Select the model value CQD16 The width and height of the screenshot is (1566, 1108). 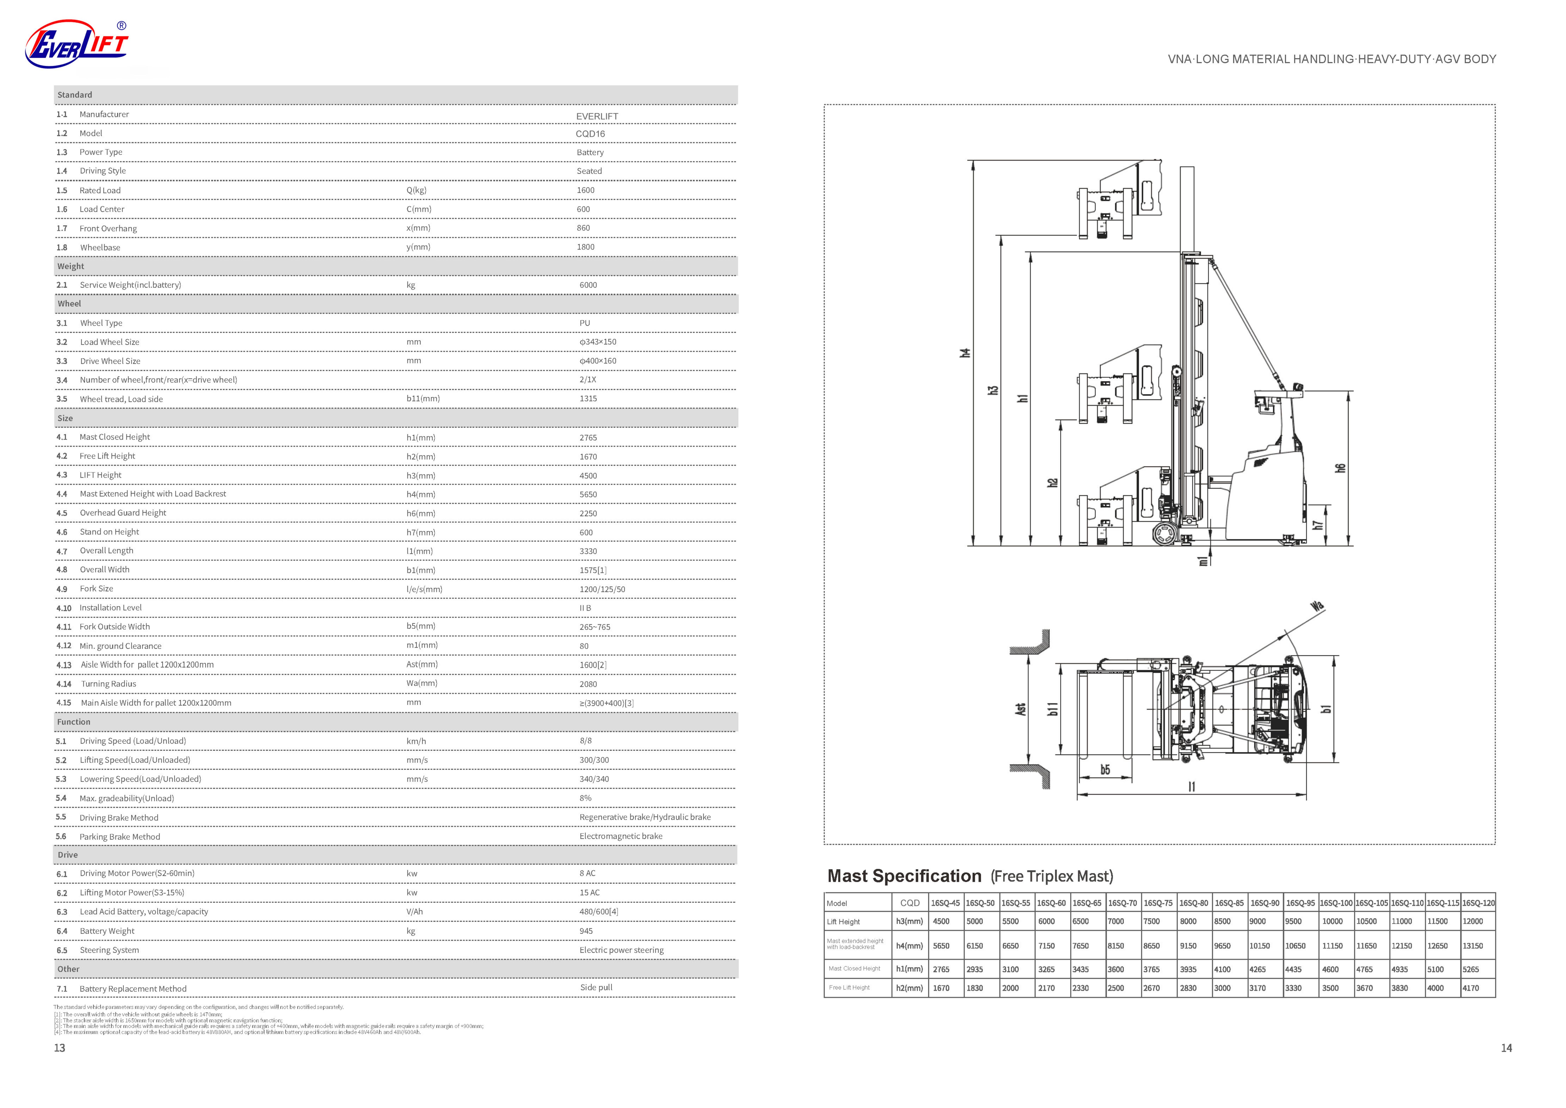coord(590,134)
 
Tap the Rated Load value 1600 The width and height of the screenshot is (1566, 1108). coord(585,190)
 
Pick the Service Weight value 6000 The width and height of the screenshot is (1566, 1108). coord(588,285)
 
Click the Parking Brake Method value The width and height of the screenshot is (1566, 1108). coord(621,836)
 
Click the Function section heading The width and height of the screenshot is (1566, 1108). coord(74,722)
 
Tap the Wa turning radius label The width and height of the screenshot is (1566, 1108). coord(1317,606)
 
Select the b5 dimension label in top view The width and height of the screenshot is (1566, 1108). coord(1105,770)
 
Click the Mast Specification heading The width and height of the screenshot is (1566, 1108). coord(904,876)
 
